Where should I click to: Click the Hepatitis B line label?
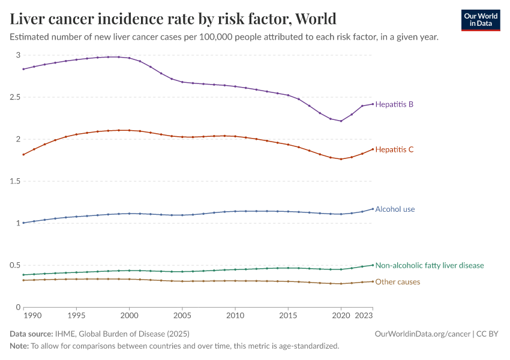pos(394,104)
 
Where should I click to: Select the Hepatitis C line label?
pos(394,149)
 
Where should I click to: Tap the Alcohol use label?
pos(395,209)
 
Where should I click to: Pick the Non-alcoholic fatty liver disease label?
pos(429,265)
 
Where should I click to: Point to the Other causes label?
pos(397,282)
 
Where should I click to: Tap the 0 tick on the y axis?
pos(18,307)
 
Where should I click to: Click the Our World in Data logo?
pos(480,19)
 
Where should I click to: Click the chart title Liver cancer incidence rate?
pos(173,18)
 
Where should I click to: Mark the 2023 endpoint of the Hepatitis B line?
pos(373,104)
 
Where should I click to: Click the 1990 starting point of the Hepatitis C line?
pos(23,154)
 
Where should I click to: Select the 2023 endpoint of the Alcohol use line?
pos(373,209)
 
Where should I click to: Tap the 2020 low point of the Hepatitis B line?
pos(341,121)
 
